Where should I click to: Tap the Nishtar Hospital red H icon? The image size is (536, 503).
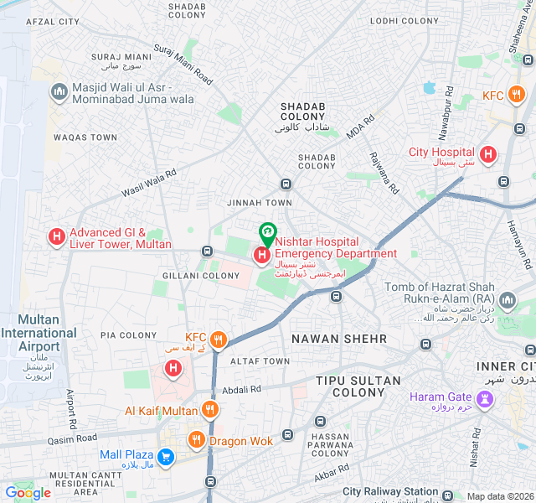262,254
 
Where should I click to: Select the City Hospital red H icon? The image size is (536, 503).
487,154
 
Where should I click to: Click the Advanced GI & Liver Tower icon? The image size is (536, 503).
57,238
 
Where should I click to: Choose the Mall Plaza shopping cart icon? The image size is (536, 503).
166,456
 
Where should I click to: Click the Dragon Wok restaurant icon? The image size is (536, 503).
196,439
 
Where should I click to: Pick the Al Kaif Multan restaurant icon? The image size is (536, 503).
209,410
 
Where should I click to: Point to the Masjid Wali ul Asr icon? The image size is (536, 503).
59,91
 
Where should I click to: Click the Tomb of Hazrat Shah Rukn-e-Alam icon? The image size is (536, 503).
507,300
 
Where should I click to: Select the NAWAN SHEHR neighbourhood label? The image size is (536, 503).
338,339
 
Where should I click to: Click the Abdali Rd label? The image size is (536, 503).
241,389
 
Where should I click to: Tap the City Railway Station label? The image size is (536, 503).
390,492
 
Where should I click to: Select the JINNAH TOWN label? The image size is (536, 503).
260,203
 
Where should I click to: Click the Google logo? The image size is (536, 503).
28,493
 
